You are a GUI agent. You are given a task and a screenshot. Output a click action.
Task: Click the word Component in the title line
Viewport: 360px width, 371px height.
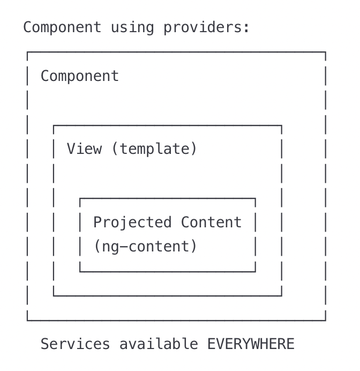click(x=62, y=27)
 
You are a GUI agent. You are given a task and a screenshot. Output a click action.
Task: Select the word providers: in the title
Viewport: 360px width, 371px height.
click(x=206, y=27)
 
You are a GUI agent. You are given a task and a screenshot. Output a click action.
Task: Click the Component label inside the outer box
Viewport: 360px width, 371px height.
click(x=80, y=76)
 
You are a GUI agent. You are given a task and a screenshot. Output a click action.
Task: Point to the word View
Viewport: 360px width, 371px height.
click(x=84, y=149)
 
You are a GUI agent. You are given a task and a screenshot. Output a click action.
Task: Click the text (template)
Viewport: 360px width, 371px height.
click(x=154, y=149)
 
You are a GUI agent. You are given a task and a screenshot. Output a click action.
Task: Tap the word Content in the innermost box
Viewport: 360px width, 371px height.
click(x=211, y=222)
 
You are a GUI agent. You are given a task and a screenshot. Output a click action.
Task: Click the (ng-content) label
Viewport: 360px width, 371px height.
click(x=145, y=247)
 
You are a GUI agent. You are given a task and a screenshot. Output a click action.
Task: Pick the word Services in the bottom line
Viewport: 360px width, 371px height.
click(x=76, y=344)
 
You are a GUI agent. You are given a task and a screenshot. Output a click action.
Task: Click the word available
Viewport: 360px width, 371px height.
click(x=159, y=344)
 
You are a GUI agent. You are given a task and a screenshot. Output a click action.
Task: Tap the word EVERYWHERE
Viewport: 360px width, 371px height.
click(x=251, y=344)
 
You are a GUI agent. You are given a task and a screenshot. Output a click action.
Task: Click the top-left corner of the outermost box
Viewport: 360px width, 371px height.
click(x=27, y=52)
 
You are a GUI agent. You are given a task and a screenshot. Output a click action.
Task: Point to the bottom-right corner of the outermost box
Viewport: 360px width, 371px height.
click(x=325, y=320)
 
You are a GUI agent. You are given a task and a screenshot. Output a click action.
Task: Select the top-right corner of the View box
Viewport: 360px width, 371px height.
click(x=281, y=125)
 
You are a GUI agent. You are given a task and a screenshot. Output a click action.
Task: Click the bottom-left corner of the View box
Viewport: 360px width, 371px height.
click(x=54, y=295)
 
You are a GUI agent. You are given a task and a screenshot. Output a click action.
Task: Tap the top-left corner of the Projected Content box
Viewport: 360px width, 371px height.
click(x=80, y=198)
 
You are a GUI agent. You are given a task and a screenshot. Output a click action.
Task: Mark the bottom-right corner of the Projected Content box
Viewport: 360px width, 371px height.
click(x=255, y=271)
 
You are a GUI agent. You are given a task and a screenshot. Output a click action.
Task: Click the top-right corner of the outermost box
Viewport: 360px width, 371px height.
click(x=325, y=52)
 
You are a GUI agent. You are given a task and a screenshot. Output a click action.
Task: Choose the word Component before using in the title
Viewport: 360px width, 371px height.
click(x=62, y=27)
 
